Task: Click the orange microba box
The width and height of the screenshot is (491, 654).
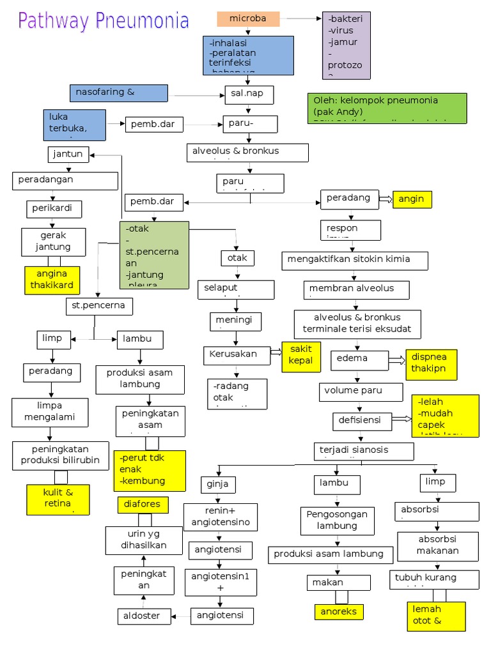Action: (248, 19)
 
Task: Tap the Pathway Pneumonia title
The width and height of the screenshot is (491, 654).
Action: (104, 21)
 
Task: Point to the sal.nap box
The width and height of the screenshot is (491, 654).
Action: (248, 95)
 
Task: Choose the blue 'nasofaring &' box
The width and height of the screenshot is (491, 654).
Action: (118, 93)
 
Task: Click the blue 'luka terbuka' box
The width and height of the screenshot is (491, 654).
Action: (75, 125)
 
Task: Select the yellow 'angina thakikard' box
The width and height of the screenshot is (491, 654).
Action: (52, 280)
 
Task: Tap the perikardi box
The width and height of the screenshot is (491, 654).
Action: (54, 208)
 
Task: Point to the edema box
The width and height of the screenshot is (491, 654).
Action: (359, 360)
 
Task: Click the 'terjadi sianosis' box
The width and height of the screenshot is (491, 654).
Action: (360, 450)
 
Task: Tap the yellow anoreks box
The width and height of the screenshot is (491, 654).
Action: (339, 612)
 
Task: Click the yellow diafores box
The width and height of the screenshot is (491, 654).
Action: (143, 505)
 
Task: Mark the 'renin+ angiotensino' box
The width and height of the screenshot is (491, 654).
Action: (221, 517)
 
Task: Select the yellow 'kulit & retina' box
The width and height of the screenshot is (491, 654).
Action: (58, 499)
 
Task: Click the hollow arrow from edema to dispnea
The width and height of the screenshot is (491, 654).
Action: (396, 360)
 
